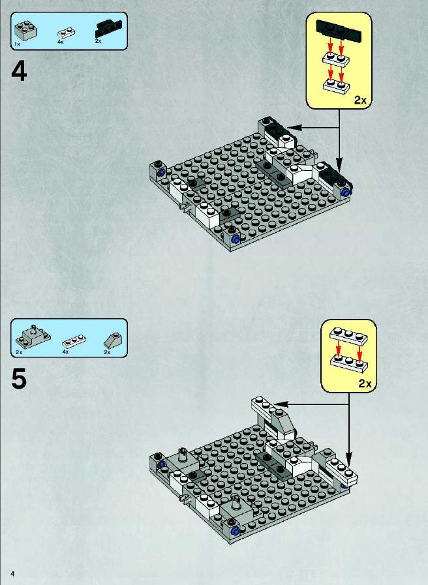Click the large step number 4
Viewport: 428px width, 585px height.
point(19,71)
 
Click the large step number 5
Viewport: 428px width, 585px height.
point(19,379)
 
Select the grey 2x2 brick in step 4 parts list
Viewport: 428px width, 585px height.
point(25,31)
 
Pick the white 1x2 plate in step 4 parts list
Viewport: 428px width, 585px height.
point(66,33)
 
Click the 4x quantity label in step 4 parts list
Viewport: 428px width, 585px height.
point(61,42)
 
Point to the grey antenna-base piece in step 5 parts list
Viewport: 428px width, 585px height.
point(33,337)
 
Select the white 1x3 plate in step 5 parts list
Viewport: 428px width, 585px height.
point(74,341)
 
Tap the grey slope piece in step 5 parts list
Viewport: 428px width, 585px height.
point(112,340)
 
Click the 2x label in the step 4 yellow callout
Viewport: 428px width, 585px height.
point(360,100)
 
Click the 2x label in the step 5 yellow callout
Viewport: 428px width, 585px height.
point(365,383)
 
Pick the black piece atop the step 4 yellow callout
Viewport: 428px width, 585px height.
point(339,30)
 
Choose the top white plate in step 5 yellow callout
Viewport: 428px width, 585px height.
point(348,335)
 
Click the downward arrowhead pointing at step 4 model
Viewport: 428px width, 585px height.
point(339,164)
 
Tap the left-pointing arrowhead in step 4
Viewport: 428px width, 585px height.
point(294,128)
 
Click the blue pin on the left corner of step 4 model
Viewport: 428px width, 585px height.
point(162,173)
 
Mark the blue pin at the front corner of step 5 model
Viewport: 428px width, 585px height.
point(235,532)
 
